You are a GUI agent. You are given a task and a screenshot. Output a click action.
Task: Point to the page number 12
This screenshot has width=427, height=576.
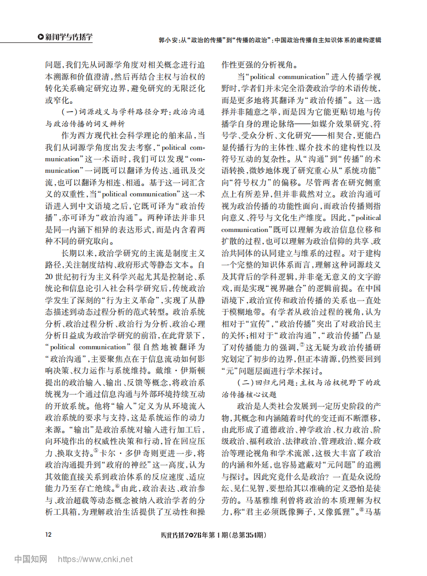click(48, 535)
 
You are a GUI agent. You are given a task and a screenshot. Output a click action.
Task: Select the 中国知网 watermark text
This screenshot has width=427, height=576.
click(30, 560)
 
